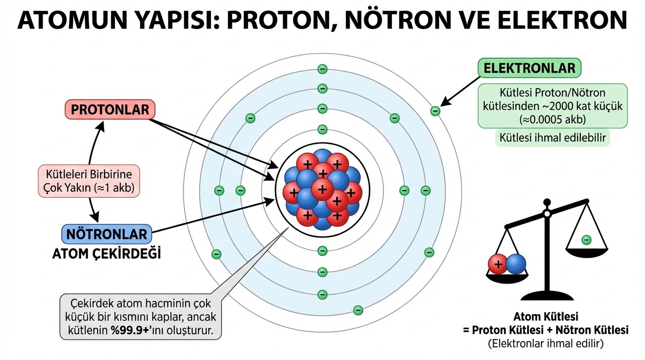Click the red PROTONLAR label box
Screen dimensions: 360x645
pyautogui.click(x=110, y=110)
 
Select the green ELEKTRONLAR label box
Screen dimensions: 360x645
pyautogui.click(x=529, y=68)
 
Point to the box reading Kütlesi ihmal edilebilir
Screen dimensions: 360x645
pyautogui.click(x=553, y=138)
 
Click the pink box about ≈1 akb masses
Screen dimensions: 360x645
pyautogui.click(x=89, y=180)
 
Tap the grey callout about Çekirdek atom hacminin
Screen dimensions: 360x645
pyautogui.click(x=141, y=316)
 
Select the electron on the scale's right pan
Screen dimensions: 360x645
pyautogui.click(x=586, y=240)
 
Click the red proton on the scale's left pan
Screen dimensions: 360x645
pyautogui.click(x=498, y=265)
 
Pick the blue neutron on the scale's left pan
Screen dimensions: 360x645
pyautogui.click(x=516, y=264)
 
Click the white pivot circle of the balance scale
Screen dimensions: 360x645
pyautogui.click(x=547, y=214)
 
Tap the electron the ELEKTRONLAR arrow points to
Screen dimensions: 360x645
pyautogui.click(x=435, y=111)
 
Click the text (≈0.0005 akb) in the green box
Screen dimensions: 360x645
pyautogui.click(x=552, y=120)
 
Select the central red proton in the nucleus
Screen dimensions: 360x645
pyautogui.click(x=322, y=189)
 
